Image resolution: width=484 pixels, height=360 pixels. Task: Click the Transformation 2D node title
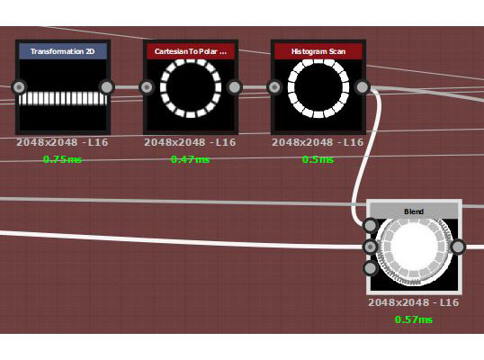[x=63, y=51]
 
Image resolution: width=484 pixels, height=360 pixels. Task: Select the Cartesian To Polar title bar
[x=191, y=51]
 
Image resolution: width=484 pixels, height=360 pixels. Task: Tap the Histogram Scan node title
[x=318, y=51]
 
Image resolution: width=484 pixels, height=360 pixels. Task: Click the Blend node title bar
[x=414, y=211]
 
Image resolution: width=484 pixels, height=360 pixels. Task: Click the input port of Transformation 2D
[x=19, y=87]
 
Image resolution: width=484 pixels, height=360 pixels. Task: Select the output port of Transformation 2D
[x=107, y=87]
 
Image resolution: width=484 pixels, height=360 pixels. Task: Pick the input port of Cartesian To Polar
[x=147, y=87]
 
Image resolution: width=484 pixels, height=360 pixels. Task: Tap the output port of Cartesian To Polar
[x=234, y=87]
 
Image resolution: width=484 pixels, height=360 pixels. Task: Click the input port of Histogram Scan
[x=274, y=87]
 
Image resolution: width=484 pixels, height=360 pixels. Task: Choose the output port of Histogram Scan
[x=362, y=87]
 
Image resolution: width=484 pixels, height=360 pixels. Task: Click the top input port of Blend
[x=370, y=226]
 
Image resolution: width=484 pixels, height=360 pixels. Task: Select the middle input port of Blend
[x=370, y=247]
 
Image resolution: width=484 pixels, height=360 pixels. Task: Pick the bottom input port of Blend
[x=370, y=268]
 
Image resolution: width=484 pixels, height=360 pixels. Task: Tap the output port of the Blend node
[x=458, y=247]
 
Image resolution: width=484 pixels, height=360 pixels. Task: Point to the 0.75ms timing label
[x=62, y=159]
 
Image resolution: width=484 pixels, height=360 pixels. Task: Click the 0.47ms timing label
[x=190, y=159]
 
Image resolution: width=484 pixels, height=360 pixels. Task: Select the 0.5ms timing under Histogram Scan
[x=318, y=159]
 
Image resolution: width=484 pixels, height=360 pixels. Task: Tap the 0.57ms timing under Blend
[x=414, y=319]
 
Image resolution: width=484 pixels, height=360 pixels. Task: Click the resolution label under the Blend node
[x=414, y=302]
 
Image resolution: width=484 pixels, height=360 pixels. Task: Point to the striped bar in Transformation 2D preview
[x=63, y=99]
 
